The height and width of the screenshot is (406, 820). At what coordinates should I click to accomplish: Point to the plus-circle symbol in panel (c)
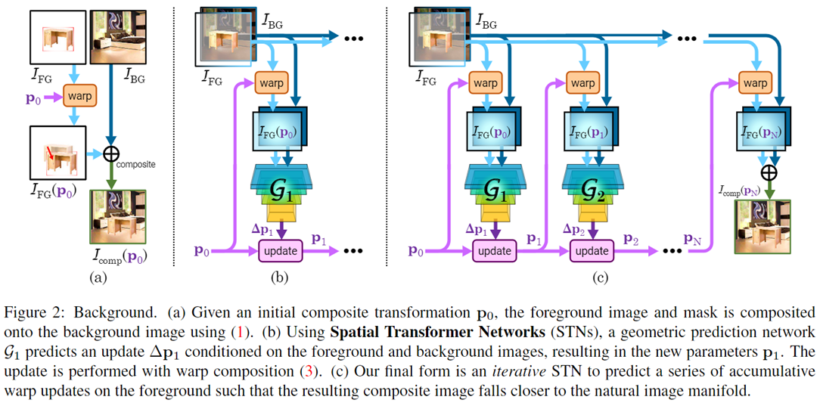[769, 172]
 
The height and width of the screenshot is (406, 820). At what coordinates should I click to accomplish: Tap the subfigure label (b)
[280, 277]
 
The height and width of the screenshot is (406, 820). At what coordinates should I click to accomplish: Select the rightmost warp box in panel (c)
[755, 82]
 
